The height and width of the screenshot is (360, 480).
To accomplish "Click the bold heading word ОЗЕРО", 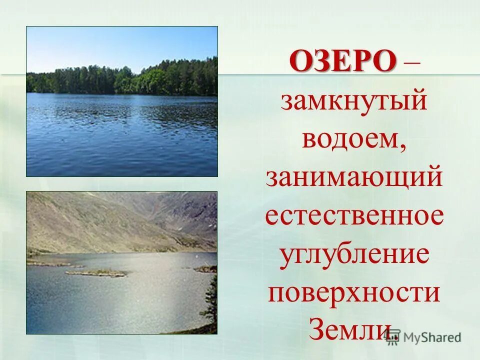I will tap(342, 62).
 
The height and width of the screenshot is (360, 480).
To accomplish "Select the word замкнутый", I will tap(354, 101).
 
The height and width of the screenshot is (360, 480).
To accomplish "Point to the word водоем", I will tap(350, 137).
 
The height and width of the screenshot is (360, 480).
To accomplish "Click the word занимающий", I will tap(354, 178).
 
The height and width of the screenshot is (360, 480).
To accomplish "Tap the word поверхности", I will tap(354, 292).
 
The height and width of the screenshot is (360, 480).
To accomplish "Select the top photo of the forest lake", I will tap(122, 101).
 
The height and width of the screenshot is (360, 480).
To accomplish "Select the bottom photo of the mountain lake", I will tap(122, 262).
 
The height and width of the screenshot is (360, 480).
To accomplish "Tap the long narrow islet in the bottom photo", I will tap(96, 273).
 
